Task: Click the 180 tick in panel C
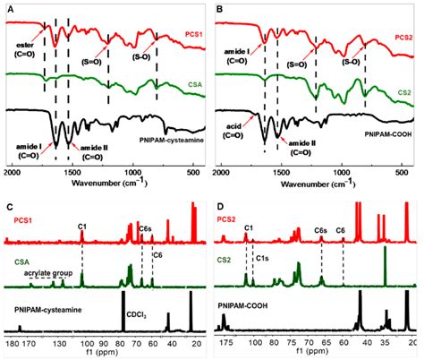(x=12, y=342)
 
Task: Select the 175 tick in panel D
(x=227, y=342)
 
